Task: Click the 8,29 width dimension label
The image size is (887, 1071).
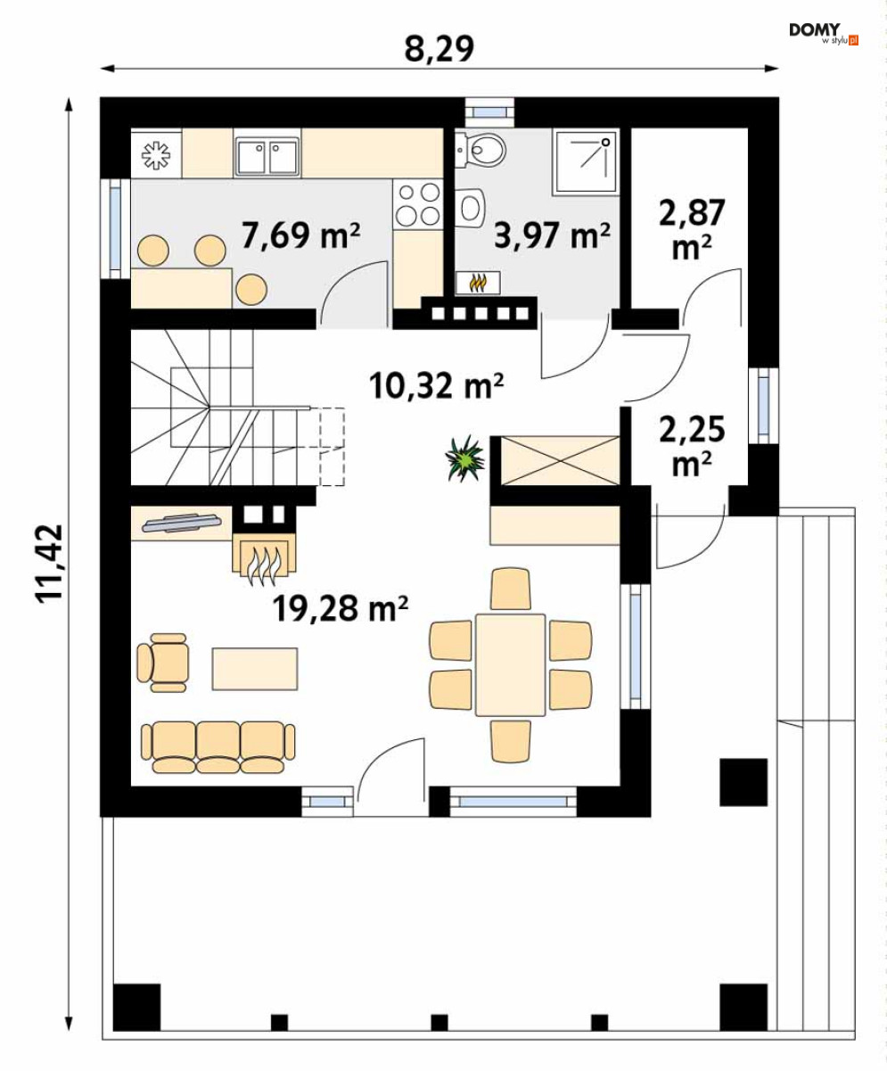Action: coord(439,49)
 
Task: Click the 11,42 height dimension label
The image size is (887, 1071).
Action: coord(49,564)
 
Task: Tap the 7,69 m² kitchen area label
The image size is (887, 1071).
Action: coord(300,235)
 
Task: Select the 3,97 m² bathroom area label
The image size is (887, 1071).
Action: coord(552,236)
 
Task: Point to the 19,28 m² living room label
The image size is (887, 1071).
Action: coord(341,609)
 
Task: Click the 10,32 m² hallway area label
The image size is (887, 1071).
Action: coord(436,386)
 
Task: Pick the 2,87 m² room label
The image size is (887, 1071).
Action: coord(692,229)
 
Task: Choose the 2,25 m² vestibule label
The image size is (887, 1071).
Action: coord(692,446)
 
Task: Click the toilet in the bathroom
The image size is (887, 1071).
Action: coord(480,151)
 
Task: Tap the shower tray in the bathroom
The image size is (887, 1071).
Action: coord(586,161)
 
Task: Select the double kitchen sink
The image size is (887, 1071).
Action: coord(267,156)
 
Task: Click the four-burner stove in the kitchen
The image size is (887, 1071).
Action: coord(418,204)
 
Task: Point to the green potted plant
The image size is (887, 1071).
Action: coord(464,458)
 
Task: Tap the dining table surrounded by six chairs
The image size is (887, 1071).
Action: coord(510,664)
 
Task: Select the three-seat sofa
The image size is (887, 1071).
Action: coord(218,747)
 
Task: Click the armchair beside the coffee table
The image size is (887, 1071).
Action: coord(163,663)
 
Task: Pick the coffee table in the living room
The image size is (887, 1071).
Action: coord(255,669)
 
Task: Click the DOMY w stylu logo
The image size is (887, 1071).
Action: coord(824,34)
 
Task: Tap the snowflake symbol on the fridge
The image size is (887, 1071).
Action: coord(156,155)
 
